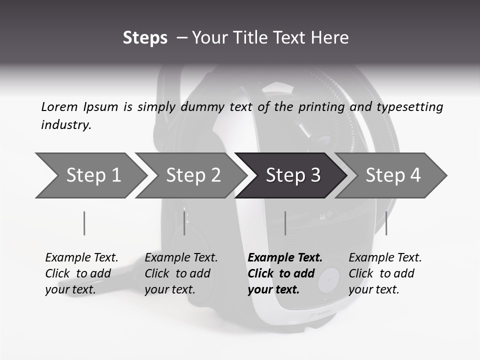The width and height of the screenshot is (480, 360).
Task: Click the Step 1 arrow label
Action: (x=93, y=175)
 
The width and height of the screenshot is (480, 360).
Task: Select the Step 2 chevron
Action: (x=193, y=175)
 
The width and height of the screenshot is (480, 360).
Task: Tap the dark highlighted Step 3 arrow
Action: (x=293, y=175)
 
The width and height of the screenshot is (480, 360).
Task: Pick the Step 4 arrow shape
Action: (x=393, y=175)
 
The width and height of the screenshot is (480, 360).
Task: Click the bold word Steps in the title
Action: (x=145, y=38)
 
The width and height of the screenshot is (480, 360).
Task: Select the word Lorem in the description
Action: (x=59, y=106)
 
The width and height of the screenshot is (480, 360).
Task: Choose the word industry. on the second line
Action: (x=66, y=124)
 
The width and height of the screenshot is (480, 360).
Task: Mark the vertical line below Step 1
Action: (x=84, y=223)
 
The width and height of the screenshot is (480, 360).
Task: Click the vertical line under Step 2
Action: (x=184, y=223)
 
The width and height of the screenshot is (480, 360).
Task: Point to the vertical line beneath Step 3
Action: (x=285, y=223)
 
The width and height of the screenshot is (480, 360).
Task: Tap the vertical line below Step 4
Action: (x=386, y=223)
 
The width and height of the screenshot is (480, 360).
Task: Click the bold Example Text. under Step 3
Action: (x=285, y=257)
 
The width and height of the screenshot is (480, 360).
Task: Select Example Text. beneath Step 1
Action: (x=81, y=257)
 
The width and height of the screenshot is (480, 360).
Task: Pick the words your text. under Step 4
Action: (x=373, y=289)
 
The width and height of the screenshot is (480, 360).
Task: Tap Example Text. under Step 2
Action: (x=181, y=257)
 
